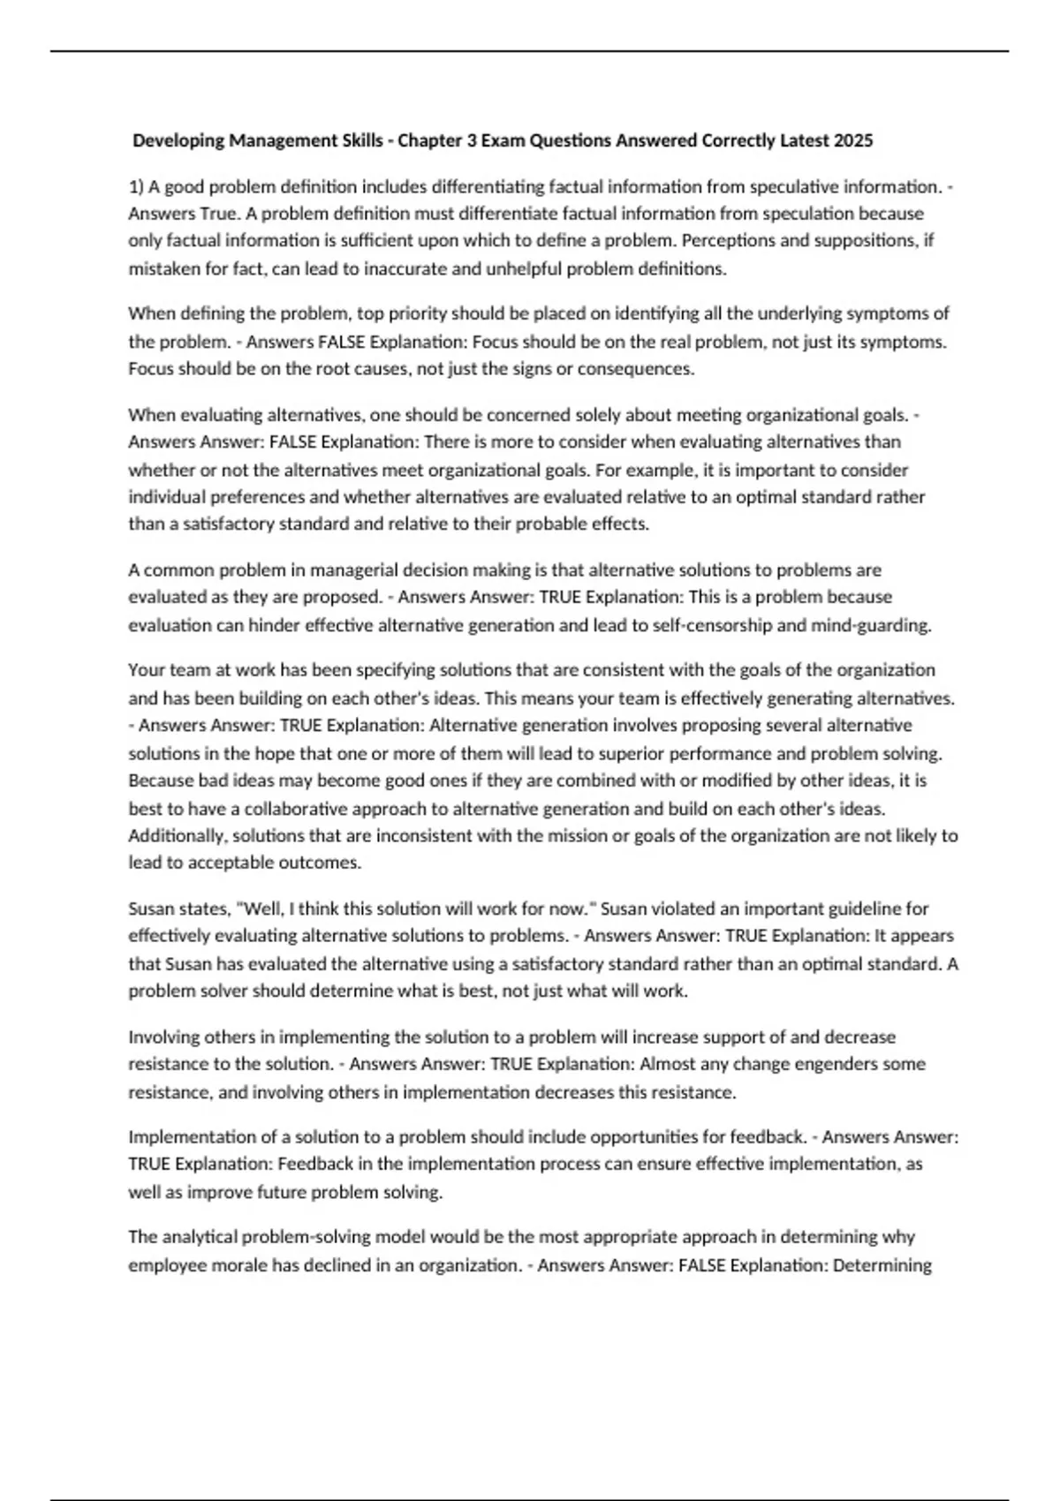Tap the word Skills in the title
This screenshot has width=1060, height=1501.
point(362,140)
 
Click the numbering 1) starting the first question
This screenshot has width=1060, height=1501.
point(136,186)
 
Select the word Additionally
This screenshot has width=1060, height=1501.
point(177,836)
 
